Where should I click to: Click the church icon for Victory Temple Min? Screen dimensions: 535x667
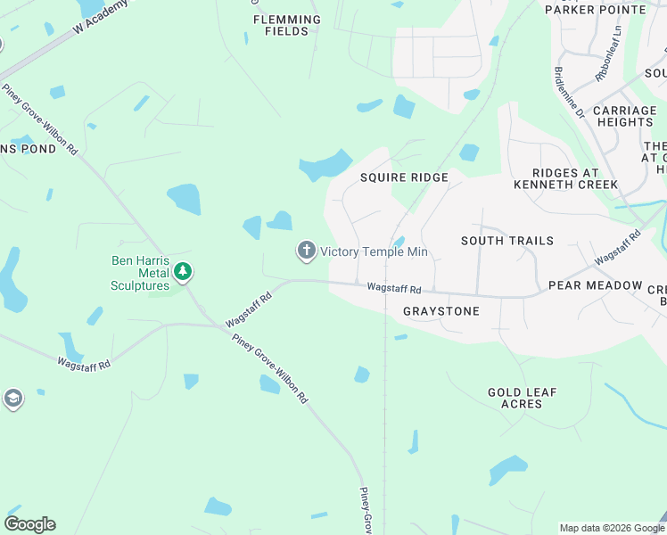307,251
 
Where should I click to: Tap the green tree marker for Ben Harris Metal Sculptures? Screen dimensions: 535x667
184,270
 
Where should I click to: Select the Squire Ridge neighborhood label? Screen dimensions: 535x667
404,177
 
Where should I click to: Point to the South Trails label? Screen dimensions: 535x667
506,241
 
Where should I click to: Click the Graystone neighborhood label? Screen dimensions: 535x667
441,311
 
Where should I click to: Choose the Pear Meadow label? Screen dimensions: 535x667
595,285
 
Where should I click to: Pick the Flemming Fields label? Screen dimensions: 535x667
286,25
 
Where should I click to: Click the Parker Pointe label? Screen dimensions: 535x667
595,9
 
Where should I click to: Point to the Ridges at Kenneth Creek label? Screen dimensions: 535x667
574,178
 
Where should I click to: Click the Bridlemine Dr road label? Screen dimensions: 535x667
569,93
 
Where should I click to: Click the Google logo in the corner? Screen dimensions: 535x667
30,524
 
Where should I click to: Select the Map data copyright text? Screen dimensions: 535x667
611,528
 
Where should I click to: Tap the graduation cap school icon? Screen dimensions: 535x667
12,399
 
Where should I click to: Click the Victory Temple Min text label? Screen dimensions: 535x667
375,252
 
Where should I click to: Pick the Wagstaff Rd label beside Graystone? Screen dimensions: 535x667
393,289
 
